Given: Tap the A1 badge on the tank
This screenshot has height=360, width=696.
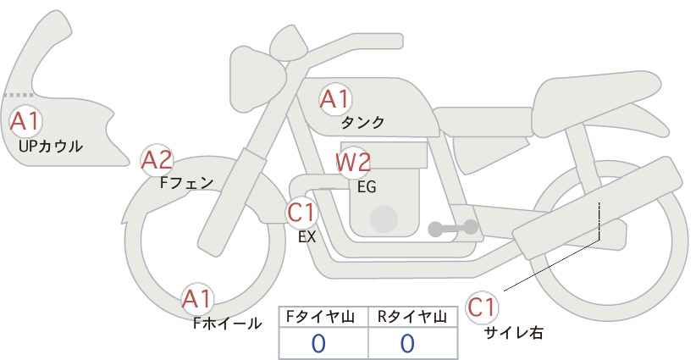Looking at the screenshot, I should pos(334,100).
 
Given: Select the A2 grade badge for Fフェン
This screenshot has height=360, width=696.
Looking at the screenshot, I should pos(157,159).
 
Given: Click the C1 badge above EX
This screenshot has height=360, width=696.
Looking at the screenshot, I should pos(302,212).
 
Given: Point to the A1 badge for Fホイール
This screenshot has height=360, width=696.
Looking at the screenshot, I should pos(198,299).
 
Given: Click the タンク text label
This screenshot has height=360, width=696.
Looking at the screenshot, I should pos(362,123).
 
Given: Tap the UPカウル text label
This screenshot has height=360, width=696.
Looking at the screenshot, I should pos(50,146).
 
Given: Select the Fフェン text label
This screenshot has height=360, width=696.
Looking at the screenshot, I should pos(186,182).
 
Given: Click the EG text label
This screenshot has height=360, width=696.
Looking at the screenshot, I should pos(367,187).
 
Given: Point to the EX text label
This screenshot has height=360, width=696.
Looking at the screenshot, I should pos(307,237).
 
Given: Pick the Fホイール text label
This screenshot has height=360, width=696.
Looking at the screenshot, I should pos(227,323).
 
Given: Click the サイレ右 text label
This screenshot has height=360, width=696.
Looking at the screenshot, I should pos(514,333).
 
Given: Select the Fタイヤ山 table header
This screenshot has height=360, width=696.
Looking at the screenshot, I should pos(323,317).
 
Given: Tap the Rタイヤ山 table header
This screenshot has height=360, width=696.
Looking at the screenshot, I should pos(413,317).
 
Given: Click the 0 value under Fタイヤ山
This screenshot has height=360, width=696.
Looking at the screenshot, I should pos(318,343).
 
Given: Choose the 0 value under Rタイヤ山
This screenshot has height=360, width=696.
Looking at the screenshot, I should pos(407,343).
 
